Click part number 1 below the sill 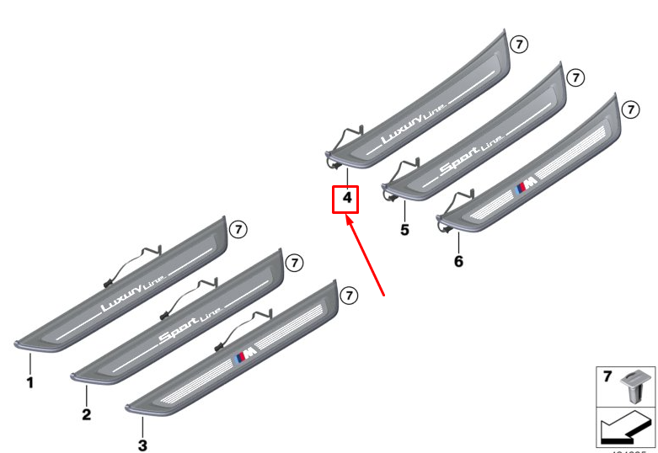(29, 383)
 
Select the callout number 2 (86, 414)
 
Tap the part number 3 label (142, 445)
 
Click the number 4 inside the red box (345, 200)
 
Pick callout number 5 (404, 229)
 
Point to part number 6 (458, 261)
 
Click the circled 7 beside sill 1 (238, 229)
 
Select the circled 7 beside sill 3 (350, 295)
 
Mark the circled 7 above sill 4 (518, 44)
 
